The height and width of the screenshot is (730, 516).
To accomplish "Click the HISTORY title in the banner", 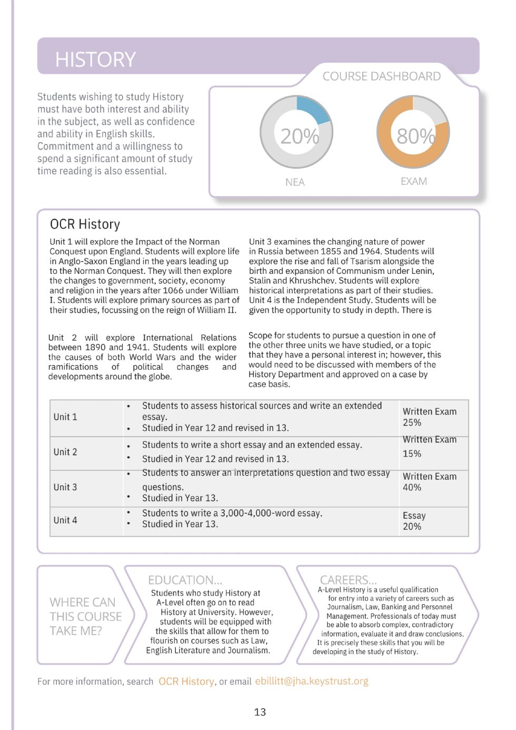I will (95, 60).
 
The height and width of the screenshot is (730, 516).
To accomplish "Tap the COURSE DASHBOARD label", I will (381, 76).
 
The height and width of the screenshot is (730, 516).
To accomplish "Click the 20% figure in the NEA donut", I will (299, 136).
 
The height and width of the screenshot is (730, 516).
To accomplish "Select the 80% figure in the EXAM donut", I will (415, 136).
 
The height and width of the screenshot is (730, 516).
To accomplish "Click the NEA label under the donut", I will (295, 182).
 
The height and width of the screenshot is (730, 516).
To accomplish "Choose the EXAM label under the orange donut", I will (413, 181).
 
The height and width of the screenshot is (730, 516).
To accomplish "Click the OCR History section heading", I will (85, 224).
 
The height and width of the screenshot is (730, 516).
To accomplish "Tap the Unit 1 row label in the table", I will (65, 417).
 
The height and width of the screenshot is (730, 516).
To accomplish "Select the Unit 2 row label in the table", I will (65, 452).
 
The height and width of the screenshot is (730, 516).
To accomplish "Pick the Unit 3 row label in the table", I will (65, 487).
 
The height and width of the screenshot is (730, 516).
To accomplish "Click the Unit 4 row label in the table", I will (65, 520).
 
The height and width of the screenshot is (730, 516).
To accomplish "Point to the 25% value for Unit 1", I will (412, 422).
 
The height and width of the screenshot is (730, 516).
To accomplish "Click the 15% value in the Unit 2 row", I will (412, 453).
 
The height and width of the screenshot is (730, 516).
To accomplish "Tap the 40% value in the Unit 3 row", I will (412, 487).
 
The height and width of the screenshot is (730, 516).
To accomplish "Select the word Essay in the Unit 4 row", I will (414, 516).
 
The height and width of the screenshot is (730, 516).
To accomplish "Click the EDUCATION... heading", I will (185, 580).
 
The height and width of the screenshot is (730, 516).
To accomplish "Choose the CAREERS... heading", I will (348, 580).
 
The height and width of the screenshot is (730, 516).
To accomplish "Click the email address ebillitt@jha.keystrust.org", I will (312, 681).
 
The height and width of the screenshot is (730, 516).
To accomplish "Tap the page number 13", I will (260, 712).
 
